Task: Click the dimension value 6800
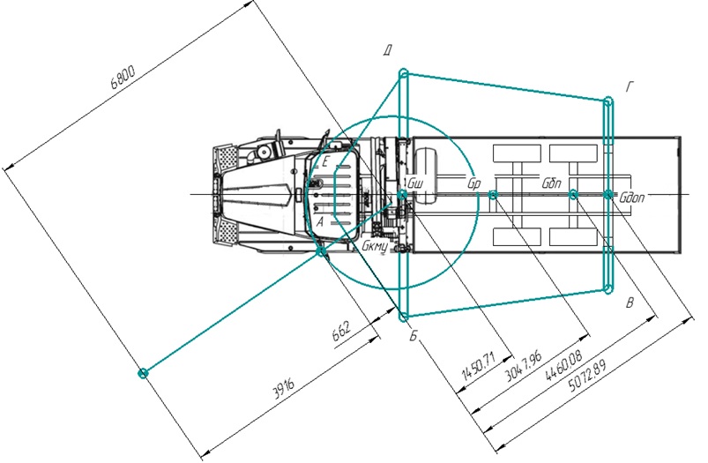[x=123, y=78]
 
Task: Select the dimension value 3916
[x=284, y=388]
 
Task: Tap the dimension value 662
[x=341, y=332]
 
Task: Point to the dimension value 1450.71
[x=479, y=366]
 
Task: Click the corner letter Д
[x=387, y=50]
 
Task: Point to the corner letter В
[x=630, y=303]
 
